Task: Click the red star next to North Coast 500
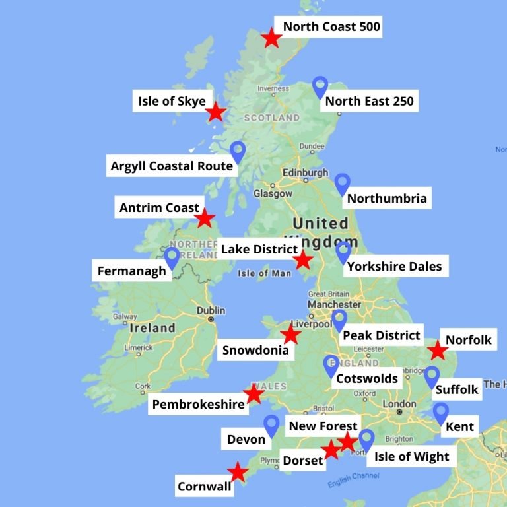(x=271, y=38)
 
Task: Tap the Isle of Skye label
(x=172, y=102)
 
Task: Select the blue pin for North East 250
(x=320, y=87)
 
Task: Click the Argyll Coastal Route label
(x=172, y=166)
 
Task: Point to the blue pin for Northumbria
(x=342, y=184)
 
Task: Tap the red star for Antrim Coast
(x=205, y=218)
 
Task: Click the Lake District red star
(x=302, y=260)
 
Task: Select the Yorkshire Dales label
(x=394, y=267)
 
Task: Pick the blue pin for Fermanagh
(x=172, y=257)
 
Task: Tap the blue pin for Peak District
(x=339, y=320)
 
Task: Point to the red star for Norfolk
(x=438, y=351)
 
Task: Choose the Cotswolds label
(x=367, y=378)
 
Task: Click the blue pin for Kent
(x=441, y=413)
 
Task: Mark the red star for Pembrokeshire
(x=253, y=394)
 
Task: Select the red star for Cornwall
(x=237, y=472)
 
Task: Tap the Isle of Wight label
(x=411, y=456)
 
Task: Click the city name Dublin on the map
(x=211, y=310)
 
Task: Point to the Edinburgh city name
(x=305, y=172)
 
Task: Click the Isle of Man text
(x=262, y=273)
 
